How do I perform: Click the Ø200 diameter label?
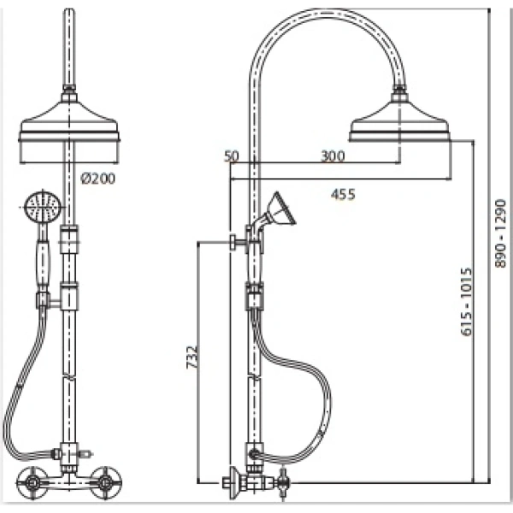[x=98, y=179]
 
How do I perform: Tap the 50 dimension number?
[x=232, y=156]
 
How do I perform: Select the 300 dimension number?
[x=333, y=156]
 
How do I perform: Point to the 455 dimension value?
[x=343, y=195]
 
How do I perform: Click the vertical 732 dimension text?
[x=192, y=357]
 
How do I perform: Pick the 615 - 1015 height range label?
[x=467, y=302]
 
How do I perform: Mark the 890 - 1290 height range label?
[x=500, y=233]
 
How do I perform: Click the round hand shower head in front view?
[x=44, y=207]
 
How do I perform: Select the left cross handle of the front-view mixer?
[x=32, y=483]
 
